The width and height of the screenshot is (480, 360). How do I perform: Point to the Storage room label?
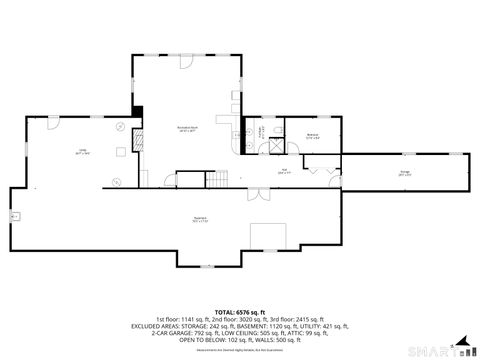405,173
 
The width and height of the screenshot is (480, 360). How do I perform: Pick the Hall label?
284,172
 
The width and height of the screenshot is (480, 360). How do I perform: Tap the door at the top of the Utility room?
51,118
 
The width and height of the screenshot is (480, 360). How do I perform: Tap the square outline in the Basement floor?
263,233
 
